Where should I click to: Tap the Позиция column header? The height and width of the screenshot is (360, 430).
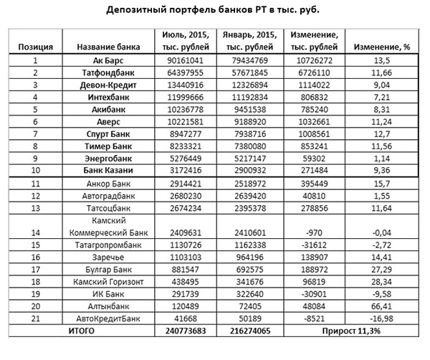pos(34,47)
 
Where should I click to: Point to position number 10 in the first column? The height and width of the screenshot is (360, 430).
pos(34,171)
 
